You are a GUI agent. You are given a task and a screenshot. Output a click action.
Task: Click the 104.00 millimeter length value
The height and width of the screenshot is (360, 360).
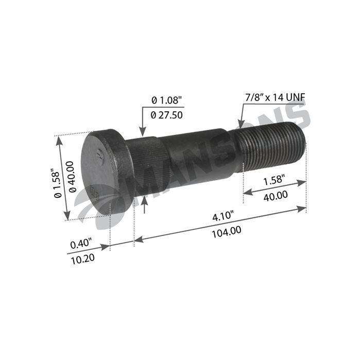pyautogui.click(x=227, y=231)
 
